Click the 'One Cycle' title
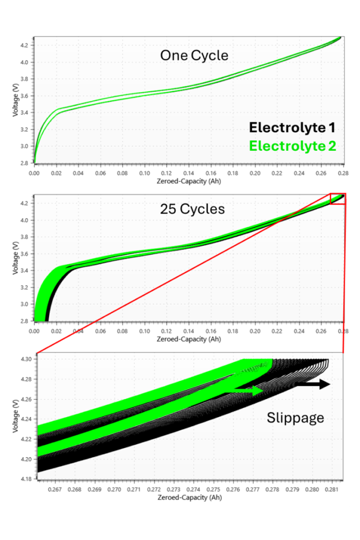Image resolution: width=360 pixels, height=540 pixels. point(194,55)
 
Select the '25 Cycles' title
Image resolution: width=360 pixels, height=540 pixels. point(192,209)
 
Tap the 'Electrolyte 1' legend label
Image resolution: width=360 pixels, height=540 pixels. point(292,128)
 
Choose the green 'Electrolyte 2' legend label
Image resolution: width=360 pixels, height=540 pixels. point(292,146)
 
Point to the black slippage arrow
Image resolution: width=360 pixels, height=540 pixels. point(315,384)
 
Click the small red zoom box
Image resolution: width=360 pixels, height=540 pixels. point(337,199)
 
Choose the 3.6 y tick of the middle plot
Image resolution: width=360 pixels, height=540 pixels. point(26,254)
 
